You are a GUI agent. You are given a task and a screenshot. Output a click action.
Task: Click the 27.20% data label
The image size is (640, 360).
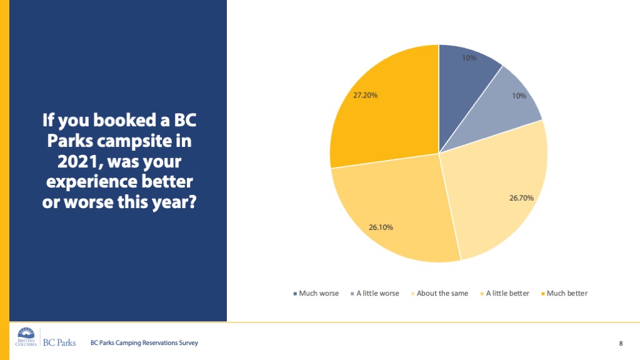pos(364,96)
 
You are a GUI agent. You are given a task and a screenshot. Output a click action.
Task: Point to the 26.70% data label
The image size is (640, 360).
pos(521,198)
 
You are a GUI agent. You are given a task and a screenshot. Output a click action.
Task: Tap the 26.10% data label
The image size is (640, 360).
pos(381,227)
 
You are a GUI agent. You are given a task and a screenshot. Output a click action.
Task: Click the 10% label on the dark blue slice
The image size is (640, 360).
pos(469,58)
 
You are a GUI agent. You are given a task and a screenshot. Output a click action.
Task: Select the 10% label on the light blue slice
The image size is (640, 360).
pos(519,96)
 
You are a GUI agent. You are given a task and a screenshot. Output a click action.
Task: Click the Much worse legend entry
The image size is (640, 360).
pos(316,293)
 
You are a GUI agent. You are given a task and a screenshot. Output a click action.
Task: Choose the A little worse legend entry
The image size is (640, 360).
pos(375,293)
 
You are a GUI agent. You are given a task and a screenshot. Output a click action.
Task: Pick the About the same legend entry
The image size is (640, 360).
pos(439,293)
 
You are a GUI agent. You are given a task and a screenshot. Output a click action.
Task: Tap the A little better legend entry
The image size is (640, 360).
pos(505,293)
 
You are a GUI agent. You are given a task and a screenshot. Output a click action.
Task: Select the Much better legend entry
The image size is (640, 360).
pos(564,293)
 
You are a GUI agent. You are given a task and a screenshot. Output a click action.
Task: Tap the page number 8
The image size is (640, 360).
pos(621,343)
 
